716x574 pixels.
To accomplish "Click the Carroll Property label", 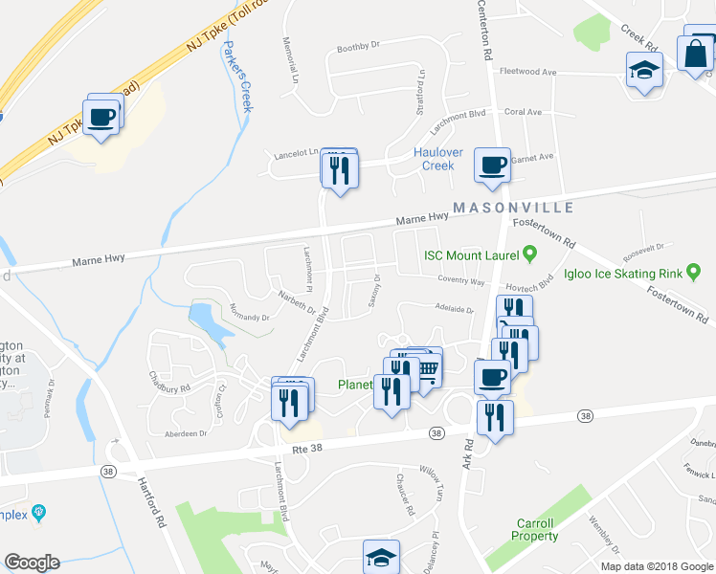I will tap(535, 530).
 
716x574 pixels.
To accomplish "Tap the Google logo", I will tap(32, 563).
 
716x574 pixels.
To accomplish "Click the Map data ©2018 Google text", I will tap(657, 566).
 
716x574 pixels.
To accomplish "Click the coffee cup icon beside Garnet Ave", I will tap(492, 166).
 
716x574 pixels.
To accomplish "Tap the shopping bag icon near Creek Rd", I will tap(697, 54).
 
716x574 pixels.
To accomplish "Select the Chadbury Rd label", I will tap(170, 387).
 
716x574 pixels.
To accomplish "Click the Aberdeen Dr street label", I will tap(186, 433).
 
